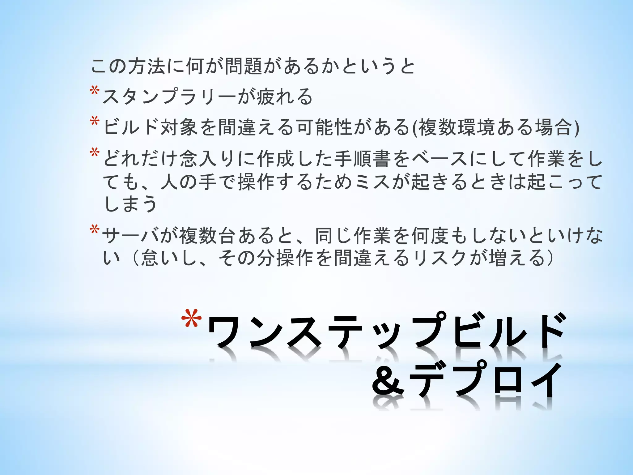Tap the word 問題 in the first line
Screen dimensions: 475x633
(243, 66)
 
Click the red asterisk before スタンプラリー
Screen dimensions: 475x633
(94, 92)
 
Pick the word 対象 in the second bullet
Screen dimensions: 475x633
(179, 127)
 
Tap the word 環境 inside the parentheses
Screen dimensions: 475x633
(476, 127)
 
